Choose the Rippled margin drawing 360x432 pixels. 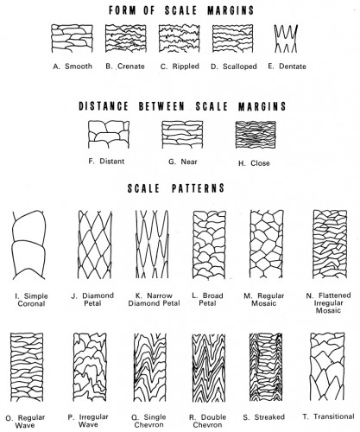(178, 40)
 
